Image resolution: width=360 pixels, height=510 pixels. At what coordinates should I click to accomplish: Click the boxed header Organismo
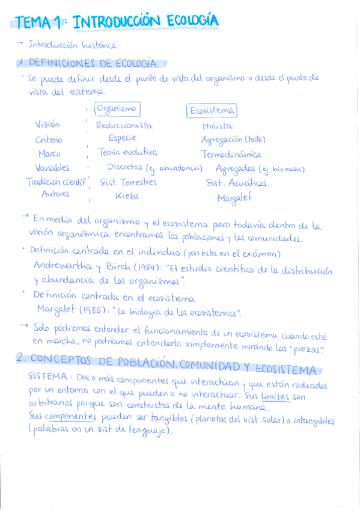(117, 109)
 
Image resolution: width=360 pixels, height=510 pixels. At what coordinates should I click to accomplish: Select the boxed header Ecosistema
(212, 111)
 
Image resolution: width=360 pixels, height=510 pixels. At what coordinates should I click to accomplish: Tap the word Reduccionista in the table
(124, 126)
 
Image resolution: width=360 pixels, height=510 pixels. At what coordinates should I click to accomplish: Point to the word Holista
(218, 126)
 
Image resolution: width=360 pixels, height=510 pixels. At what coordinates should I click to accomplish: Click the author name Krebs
(127, 196)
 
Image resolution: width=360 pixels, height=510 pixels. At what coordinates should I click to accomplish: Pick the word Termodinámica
(231, 155)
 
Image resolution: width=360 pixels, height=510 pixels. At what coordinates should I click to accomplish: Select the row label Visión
(47, 125)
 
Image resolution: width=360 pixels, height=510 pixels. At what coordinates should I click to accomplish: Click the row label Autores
(55, 194)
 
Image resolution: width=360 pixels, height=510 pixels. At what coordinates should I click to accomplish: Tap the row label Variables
(52, 168)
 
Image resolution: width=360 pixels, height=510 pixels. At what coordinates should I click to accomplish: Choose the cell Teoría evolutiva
(127, 153)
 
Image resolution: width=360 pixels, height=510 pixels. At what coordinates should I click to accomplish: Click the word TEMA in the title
(34, 23)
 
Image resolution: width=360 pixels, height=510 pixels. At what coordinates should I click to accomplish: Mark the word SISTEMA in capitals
(48, 376)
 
